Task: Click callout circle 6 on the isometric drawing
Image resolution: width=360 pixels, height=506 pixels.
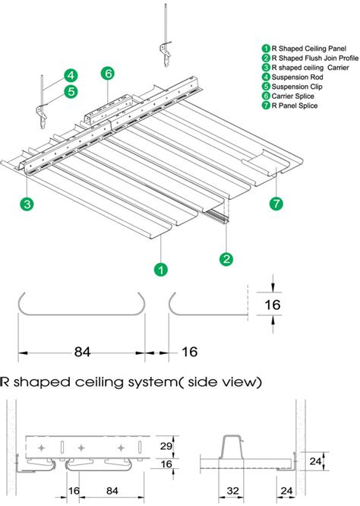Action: [108, 74]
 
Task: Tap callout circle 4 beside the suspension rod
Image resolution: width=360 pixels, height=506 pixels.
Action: [70, 75]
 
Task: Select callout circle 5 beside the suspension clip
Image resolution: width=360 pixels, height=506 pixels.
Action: [70, 91]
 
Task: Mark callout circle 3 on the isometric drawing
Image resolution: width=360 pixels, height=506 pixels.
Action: [27, 204]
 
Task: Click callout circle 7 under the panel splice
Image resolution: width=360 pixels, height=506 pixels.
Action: [275, 203]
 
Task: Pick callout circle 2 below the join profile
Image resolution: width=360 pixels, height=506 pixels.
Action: [226, 259]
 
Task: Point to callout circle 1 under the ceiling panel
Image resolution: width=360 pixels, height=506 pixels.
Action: [160, 268]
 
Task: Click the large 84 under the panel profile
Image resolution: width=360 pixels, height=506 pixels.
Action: [83, 353]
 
